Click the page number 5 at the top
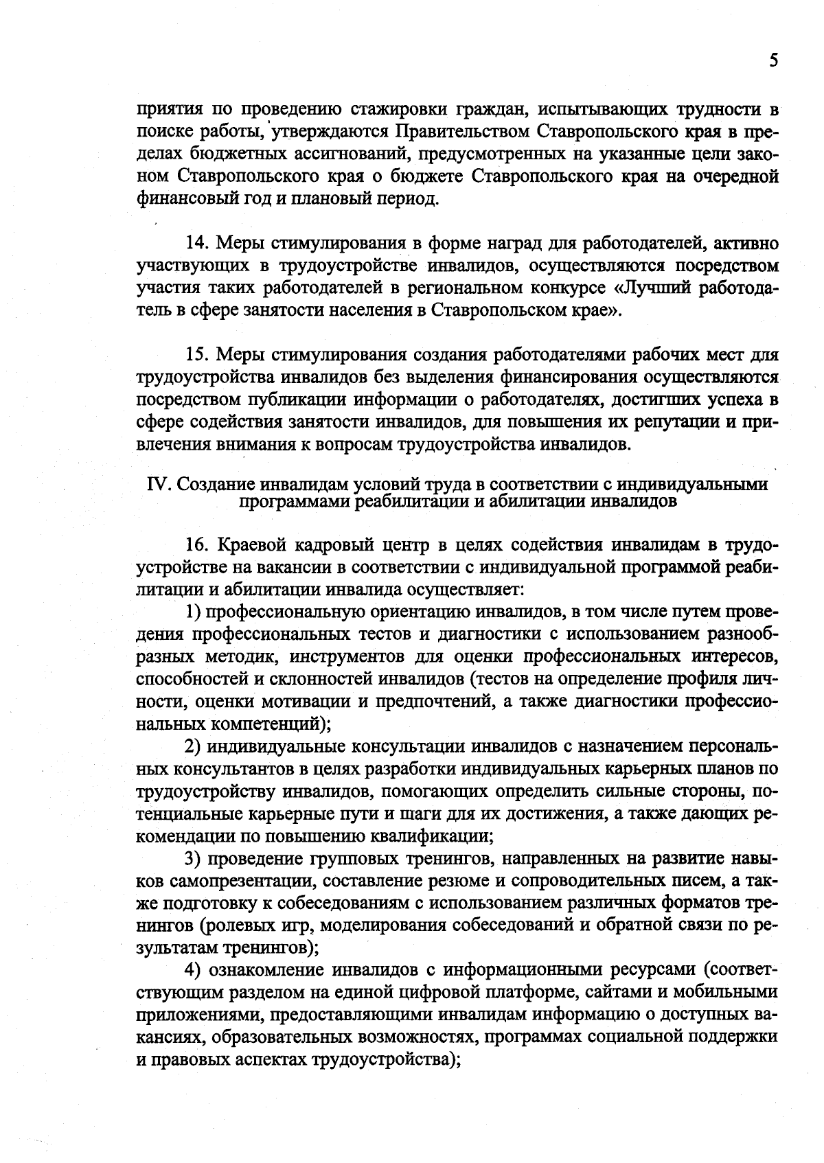774,61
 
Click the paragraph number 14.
199,243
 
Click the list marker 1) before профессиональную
194,611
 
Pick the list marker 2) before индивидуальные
194,746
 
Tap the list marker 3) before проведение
194,858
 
